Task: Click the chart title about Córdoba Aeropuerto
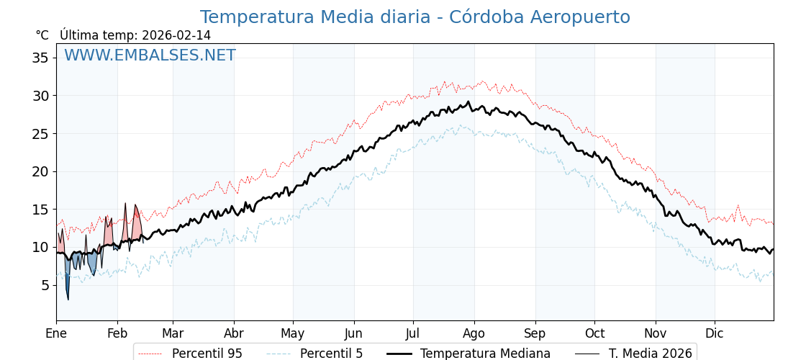415,17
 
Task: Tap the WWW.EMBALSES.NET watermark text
150,55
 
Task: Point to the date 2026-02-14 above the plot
176,35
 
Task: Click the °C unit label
42,35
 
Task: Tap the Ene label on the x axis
56,333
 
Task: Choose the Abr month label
234,333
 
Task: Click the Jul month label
413,333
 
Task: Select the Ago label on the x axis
474,333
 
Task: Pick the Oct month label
594,333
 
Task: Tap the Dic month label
715,333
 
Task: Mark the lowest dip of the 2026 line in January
68,299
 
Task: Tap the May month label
293,333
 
